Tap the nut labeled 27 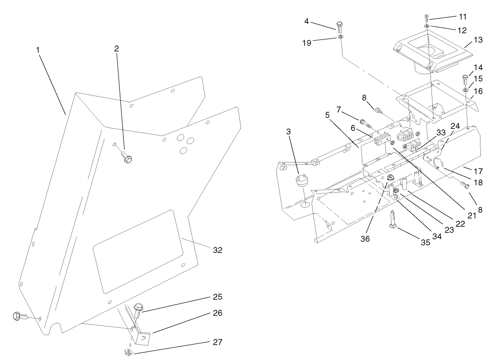tap(128, 351)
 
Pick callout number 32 tap(217, 250)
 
